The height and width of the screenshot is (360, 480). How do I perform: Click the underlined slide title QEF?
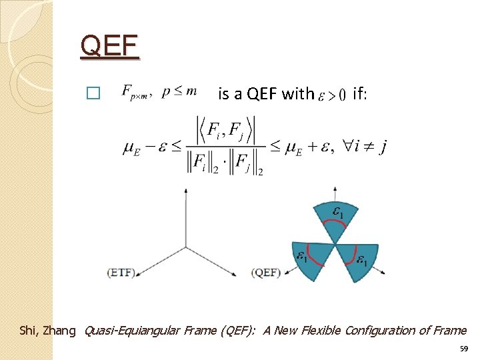pos(109,47)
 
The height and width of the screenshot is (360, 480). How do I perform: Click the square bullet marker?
pos(93,94)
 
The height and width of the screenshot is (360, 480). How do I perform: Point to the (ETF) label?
pos(121,272)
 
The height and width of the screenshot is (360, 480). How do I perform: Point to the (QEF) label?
pos(265,272)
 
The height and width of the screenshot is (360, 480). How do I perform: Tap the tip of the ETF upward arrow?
pos(185,190)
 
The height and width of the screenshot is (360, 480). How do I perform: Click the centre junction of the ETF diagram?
pos(185,247)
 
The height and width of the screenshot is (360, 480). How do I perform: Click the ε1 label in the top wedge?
pos(339,213)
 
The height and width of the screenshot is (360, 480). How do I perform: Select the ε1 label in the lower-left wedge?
pos(302,255)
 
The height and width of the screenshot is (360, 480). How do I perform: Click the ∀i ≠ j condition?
pos(360,146)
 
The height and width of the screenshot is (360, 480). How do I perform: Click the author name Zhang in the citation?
pos(60,330)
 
